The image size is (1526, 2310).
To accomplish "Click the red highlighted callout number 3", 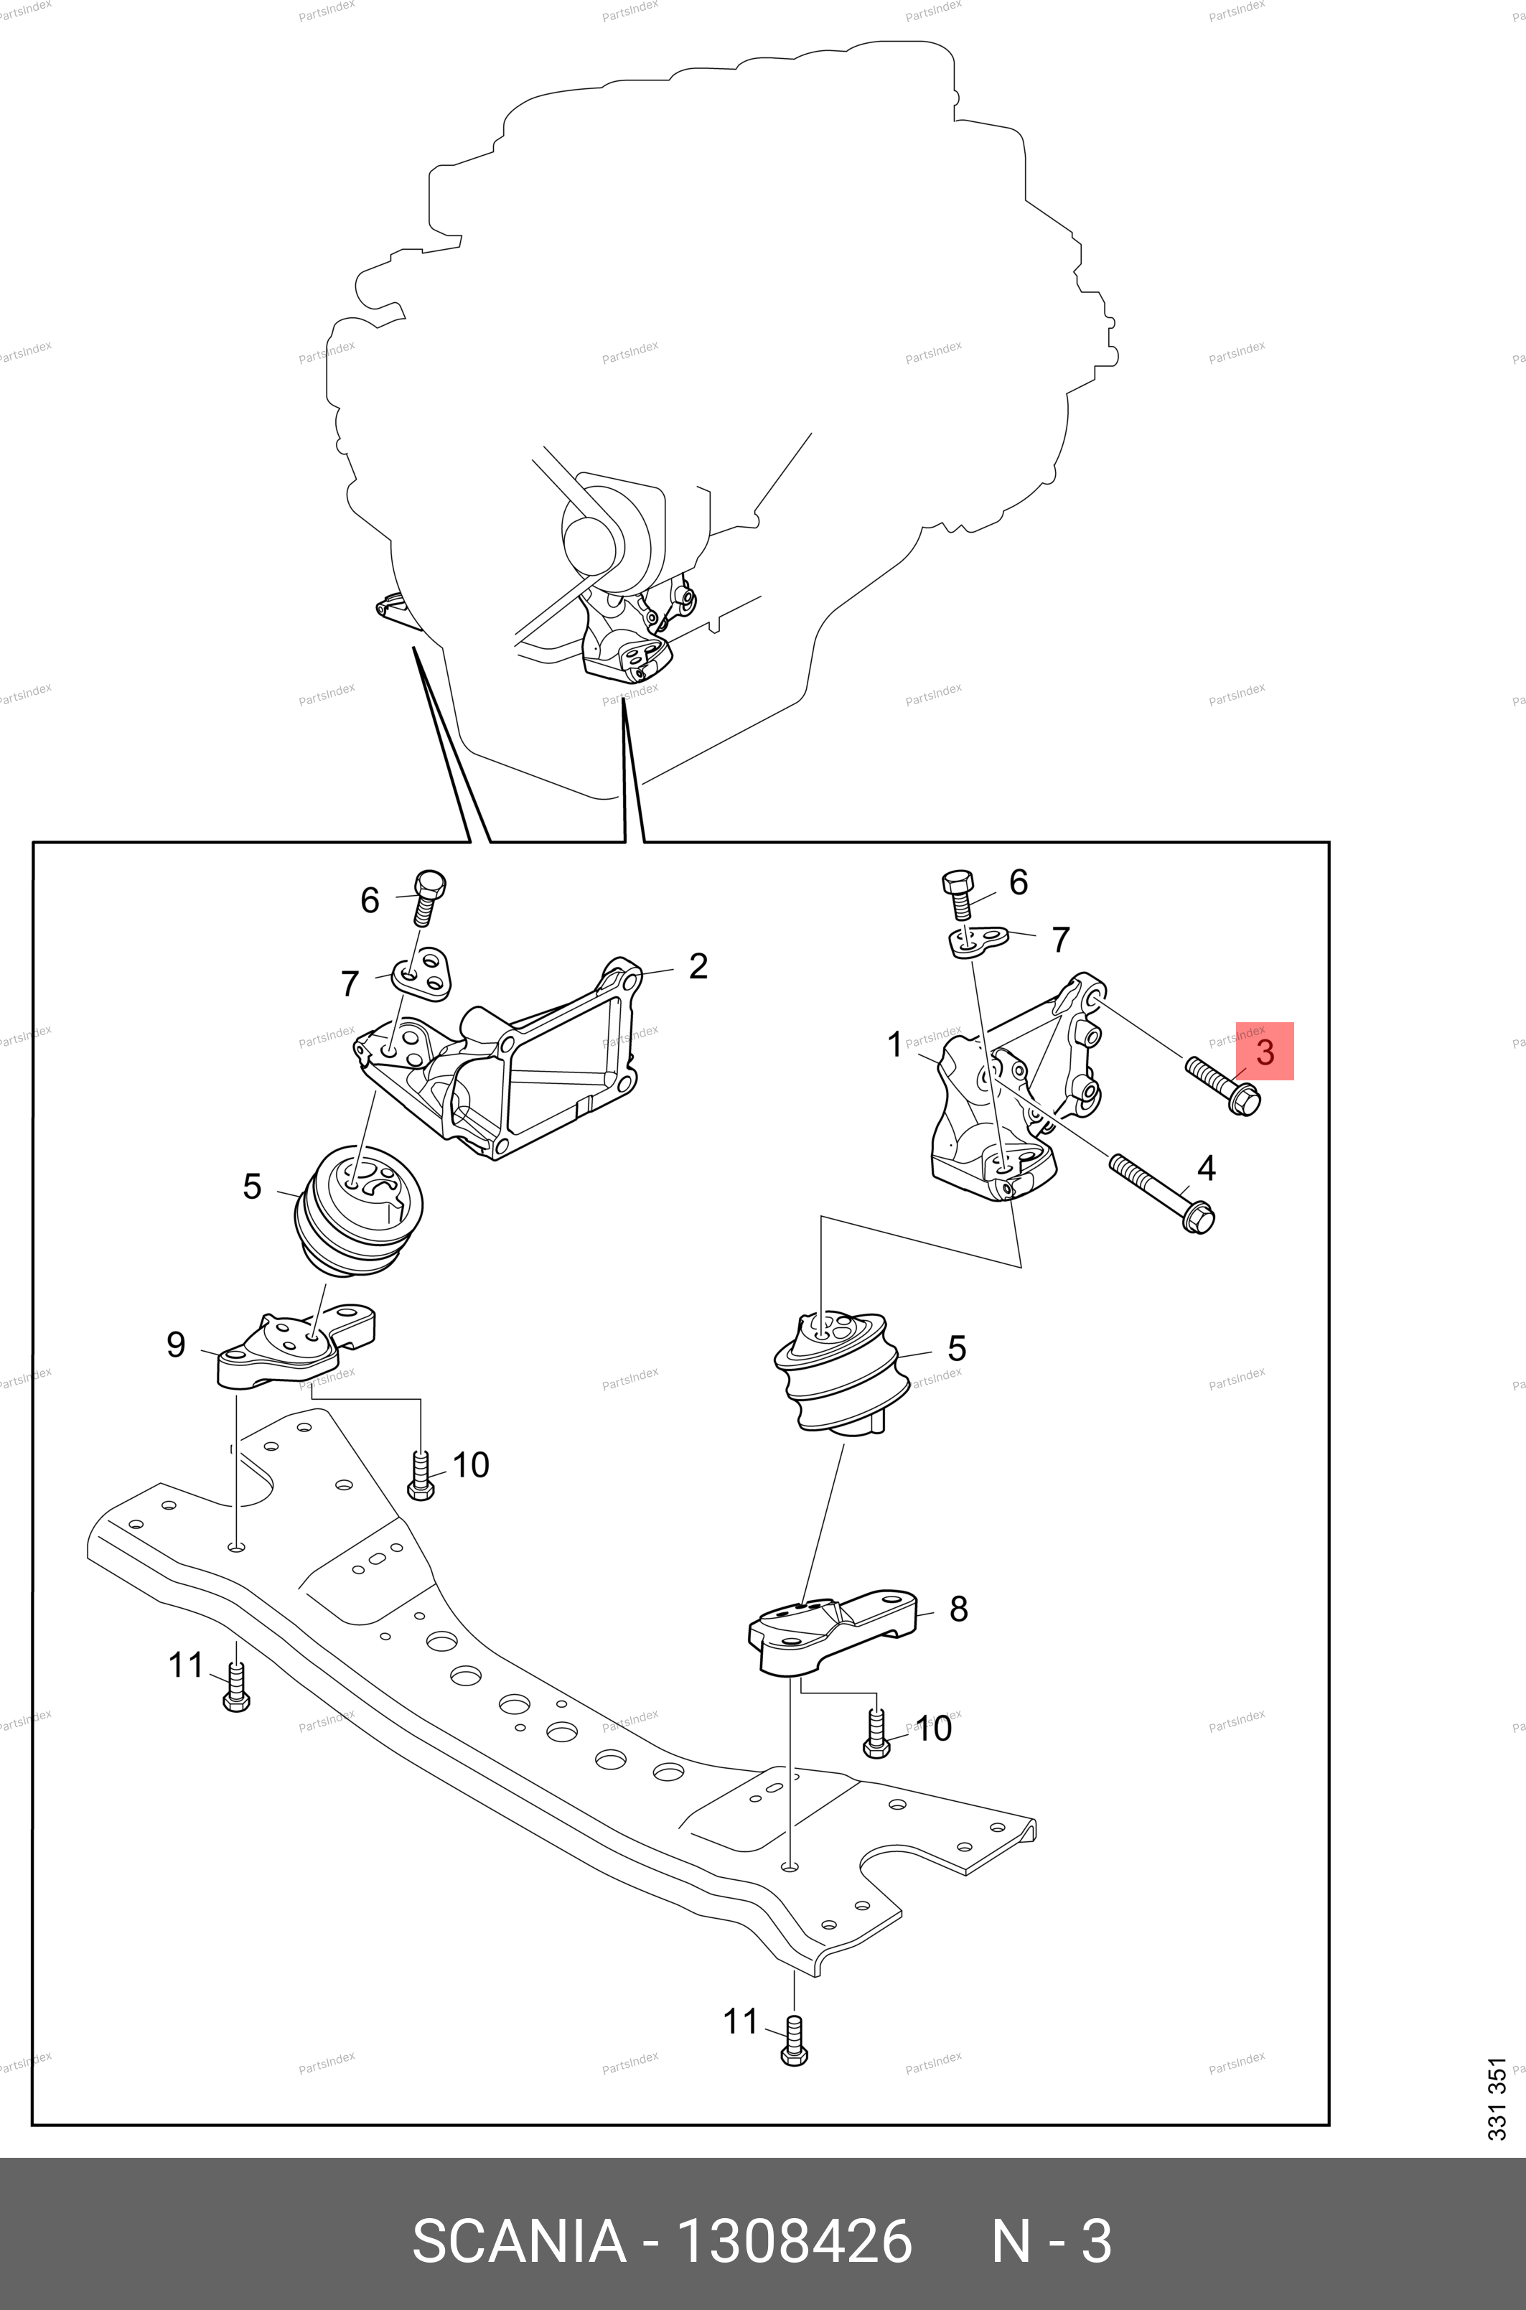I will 1264,1051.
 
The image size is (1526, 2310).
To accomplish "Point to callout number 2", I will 698,966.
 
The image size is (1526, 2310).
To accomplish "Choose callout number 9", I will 175,1345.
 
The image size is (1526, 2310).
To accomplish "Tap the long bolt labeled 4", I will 1161,1189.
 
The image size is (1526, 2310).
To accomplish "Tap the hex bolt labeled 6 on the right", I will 957,893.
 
